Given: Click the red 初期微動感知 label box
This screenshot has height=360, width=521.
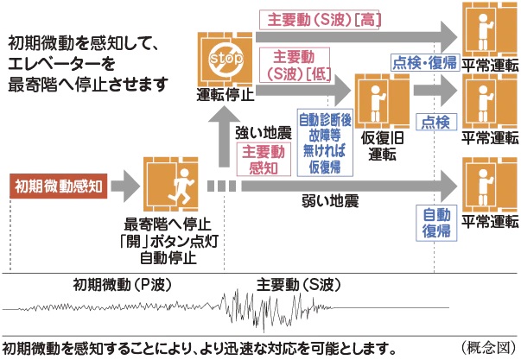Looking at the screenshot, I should point(58,183).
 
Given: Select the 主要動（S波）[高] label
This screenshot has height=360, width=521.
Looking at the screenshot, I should point(324,19).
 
